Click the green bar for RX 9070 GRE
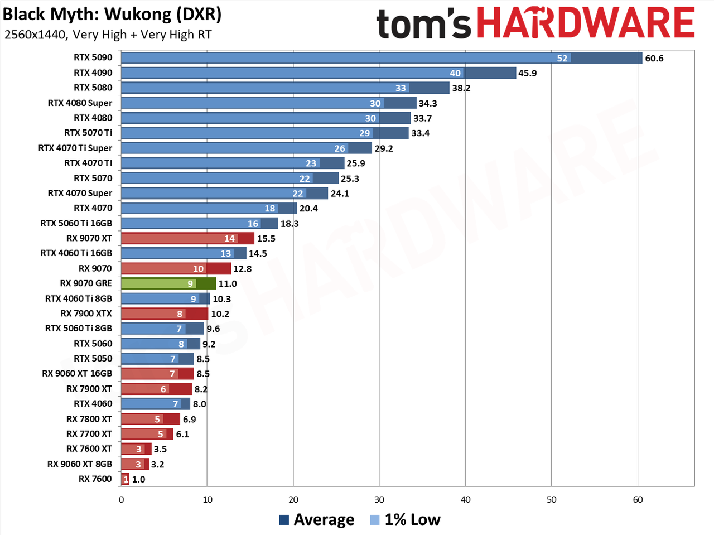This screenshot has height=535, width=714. pos(168,283)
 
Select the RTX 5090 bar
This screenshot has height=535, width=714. pos(382,58)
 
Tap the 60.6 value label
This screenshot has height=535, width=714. pos(654,59)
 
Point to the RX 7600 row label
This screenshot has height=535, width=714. pos(95,479)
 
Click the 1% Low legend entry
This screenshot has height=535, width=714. pos(405,519)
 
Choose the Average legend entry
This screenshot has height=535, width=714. pos(316,519)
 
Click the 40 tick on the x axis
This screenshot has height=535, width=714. pos(465,499)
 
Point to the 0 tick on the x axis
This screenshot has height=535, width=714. pos(122,499)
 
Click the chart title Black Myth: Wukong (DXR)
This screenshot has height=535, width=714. pos(112,15)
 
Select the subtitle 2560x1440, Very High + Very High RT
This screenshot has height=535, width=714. pos(108,35)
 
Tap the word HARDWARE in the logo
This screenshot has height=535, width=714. pos(586,22)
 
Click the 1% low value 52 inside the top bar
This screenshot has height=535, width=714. pos(562,58)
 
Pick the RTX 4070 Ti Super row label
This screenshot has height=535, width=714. pos(75,148)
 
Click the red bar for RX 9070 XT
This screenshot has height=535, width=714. pos(187,238)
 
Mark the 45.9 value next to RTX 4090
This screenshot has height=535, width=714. pos(527,73)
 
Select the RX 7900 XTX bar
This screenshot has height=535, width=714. pos(165,314)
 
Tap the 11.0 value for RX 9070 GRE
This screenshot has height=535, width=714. pos(228,283)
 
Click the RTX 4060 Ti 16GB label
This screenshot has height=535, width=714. pos(76,253)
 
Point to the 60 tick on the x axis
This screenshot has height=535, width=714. pos(638,499)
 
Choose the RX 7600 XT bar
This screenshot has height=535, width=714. pos(136,449)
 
